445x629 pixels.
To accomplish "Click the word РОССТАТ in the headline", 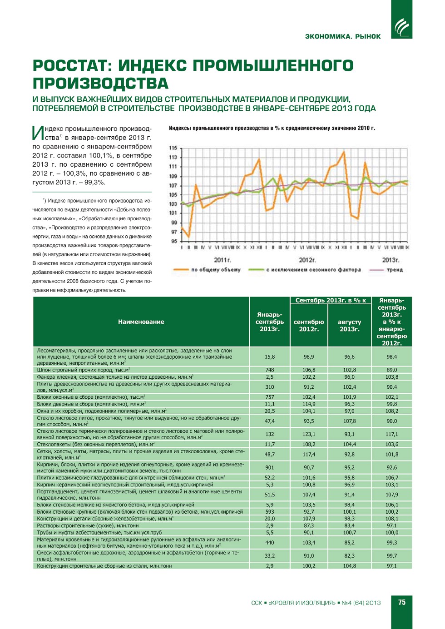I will pos(72,66).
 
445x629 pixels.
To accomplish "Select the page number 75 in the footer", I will pos(401,602).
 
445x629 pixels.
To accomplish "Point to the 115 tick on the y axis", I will pos(173,148).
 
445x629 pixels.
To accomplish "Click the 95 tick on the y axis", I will pos(173,241).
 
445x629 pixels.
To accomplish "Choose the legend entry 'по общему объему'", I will pos(216,270).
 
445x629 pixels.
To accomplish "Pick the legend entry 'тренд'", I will pos(394,270).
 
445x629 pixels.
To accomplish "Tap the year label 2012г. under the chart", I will pos(307,260).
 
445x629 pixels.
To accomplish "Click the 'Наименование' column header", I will pos(141,322).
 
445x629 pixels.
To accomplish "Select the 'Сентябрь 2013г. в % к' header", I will pos(330,300).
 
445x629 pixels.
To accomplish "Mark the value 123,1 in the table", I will pos(309,434).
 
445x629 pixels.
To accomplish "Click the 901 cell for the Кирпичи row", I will pos(270,467).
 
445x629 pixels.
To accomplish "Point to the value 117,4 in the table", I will pos(309,454).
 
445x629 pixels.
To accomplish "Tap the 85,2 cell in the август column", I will pos(349,542).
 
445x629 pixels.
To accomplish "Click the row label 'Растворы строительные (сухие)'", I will pos(88,525).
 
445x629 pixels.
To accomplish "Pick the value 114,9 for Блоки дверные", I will pos(309,404).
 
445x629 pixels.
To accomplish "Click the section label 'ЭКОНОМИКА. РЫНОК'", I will pos(343,36).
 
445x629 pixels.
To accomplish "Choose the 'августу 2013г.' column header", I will pos(349,325).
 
